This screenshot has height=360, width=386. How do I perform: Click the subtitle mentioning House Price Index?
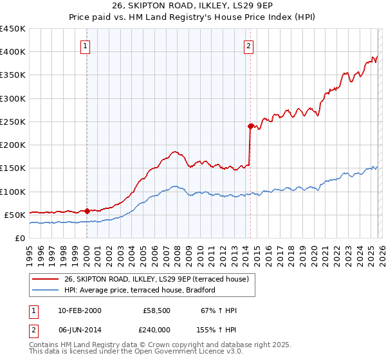(192, 18)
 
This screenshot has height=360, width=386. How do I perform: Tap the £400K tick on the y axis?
(13, 52)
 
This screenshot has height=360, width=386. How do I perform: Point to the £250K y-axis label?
(13, 122)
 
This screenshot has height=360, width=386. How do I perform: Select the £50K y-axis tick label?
(15, 215)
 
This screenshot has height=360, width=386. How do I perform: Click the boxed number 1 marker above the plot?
(86, 46)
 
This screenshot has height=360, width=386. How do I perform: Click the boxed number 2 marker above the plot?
(249, 46)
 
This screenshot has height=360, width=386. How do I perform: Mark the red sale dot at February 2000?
(87, 210)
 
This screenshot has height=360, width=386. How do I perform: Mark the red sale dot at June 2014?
(250, 126)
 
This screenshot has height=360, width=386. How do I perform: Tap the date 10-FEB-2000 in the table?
(78, 311)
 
